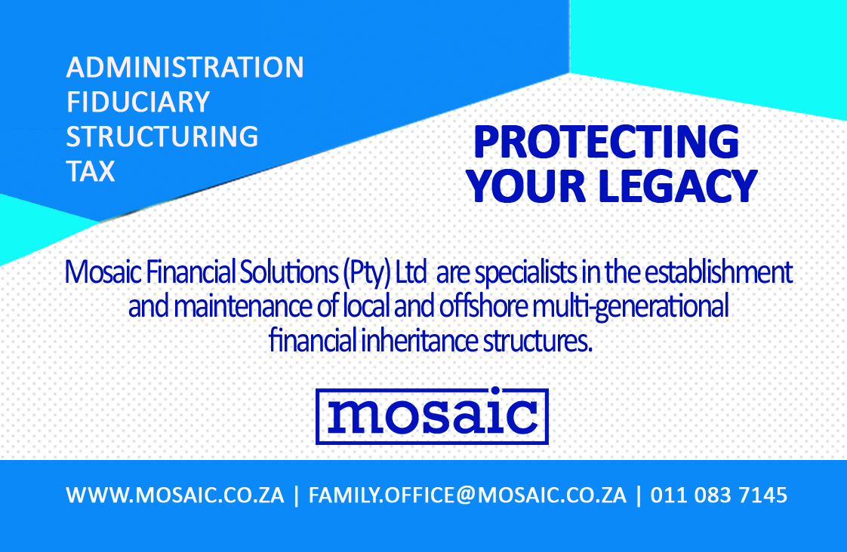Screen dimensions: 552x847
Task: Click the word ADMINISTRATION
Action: coord(185,68)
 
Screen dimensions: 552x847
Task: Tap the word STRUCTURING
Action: coord(162,137)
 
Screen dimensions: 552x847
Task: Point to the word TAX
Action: coord(91,172)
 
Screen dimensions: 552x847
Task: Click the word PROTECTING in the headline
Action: coord(605,143)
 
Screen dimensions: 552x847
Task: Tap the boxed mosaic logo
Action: coord(432,416)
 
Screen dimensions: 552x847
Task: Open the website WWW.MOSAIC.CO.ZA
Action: coord(175,496)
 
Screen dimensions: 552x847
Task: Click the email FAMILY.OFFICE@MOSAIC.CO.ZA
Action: coord(468,496)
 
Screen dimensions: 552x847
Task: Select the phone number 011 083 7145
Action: coord(719,496)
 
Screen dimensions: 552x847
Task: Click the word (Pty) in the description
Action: coord(367,272)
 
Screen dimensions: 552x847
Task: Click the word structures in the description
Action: coord(537,342)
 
